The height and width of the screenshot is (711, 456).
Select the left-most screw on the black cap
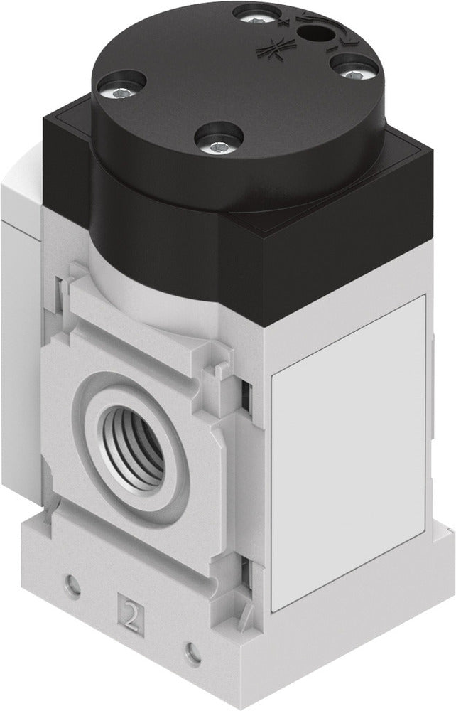point(114,90)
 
